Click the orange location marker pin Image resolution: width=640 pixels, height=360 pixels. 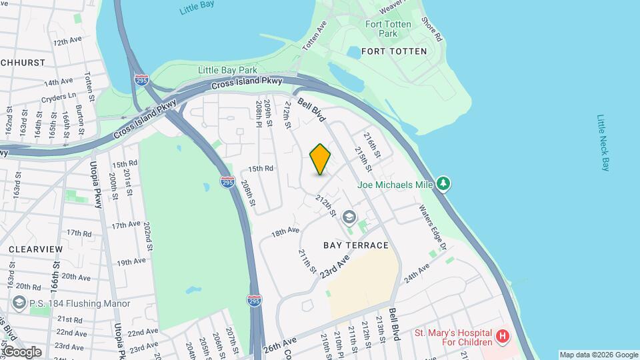pos(320,159)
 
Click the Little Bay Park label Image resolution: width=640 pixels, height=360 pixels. pos(227,70)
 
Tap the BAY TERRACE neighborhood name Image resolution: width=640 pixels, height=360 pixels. pos(356,245)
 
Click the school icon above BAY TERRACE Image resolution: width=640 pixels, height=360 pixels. pos(349,217)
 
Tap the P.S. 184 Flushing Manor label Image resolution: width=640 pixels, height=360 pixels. pos(65,304)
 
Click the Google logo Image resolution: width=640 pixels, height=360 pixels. pos(21,352)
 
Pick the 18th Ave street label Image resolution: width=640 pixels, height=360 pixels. pos(285,231)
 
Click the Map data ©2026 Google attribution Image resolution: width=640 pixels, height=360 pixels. pos(598,355)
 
